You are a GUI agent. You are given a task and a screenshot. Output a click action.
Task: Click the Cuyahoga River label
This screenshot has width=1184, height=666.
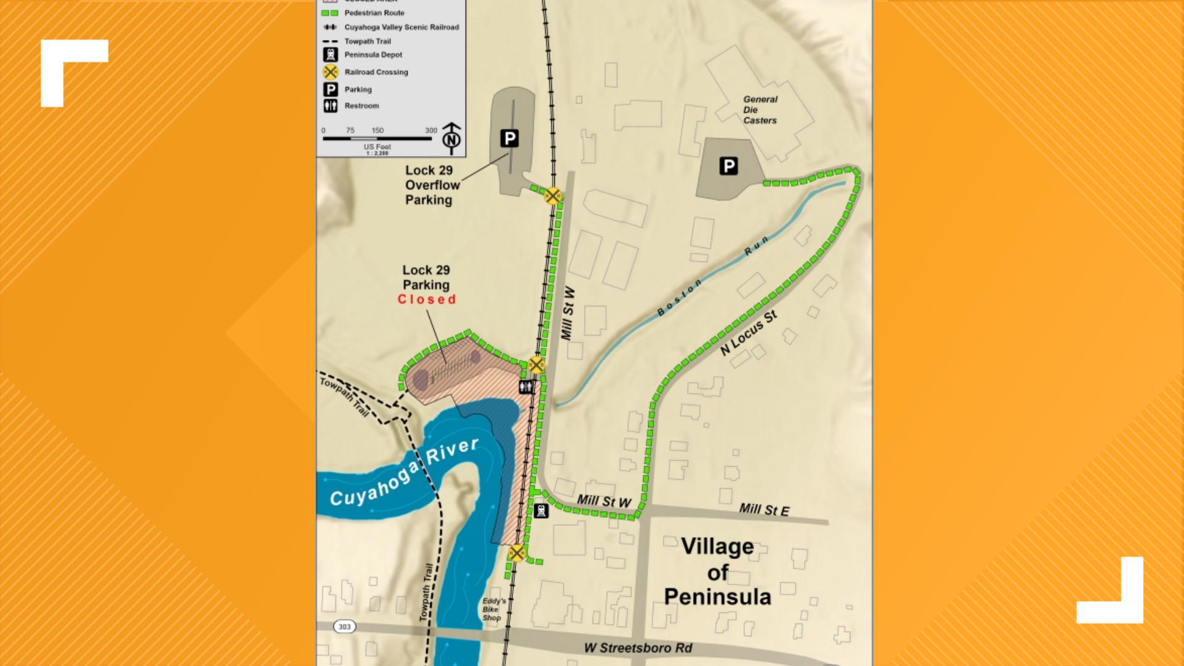405,474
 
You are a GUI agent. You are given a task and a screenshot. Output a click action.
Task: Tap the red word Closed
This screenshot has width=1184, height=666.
427,300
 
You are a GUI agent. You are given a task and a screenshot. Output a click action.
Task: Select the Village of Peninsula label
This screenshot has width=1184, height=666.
717,572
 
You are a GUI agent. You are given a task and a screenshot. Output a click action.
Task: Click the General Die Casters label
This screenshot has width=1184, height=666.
760,110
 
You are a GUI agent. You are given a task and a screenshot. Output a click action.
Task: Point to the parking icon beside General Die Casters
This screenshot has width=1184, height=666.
728,166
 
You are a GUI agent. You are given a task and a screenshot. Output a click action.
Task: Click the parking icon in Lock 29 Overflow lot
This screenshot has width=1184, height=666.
509,138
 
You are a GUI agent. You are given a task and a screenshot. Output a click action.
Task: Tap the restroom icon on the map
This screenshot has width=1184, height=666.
526,387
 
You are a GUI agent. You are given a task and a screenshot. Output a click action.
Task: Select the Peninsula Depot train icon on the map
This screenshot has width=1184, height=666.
541,511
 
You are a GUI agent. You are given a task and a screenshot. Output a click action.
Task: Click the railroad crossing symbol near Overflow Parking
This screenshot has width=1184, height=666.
553,196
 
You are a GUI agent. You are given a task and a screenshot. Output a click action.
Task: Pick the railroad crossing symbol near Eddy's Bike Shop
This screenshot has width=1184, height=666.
517,553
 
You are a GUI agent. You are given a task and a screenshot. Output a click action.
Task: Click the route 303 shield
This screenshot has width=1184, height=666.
344,627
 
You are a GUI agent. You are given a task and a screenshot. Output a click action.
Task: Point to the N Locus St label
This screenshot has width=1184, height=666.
749,334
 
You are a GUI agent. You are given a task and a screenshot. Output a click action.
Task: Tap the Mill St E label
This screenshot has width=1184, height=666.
764,509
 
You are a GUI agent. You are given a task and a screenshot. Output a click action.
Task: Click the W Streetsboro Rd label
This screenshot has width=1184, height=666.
638,648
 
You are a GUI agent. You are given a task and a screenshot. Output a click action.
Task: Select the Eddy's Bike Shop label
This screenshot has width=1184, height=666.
494,609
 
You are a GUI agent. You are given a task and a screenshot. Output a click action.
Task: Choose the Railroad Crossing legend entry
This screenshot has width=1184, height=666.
376,72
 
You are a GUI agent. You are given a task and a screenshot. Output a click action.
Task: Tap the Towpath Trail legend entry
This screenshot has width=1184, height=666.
367,41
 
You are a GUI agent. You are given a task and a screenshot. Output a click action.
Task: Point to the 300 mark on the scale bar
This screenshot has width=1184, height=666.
431,130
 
